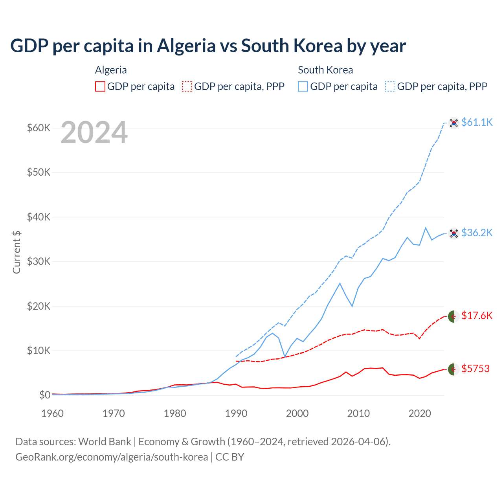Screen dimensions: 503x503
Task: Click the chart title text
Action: click(208, 46)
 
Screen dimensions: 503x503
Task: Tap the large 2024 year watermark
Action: click(94, 133)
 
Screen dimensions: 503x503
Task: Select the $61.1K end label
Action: click(477, 122)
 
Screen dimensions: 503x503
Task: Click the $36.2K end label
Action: click(477, 233)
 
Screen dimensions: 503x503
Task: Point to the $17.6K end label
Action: click(477, 316)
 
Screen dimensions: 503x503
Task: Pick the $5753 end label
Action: click(475, 369)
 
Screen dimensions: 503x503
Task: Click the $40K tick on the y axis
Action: click(39, 217)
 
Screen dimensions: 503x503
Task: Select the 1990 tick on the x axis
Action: click(236, 413)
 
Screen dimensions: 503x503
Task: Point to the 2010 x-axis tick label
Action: click(358, 413)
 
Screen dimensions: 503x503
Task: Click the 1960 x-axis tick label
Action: click(53, 413)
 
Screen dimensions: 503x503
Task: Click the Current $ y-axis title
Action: click(17, 252)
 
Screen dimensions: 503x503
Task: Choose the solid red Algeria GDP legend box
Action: click(100, 86)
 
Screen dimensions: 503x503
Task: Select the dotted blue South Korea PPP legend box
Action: click(390, 86)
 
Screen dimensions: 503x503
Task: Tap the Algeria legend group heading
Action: click(111, 70)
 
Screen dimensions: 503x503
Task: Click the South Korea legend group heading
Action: click(325, 70)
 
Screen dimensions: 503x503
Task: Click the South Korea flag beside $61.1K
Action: click(454, 123)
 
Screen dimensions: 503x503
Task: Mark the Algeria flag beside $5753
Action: click(454, 369)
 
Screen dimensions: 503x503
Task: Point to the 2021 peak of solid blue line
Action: click(426, 228)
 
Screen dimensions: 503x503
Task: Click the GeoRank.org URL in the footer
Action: click(112, 457)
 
